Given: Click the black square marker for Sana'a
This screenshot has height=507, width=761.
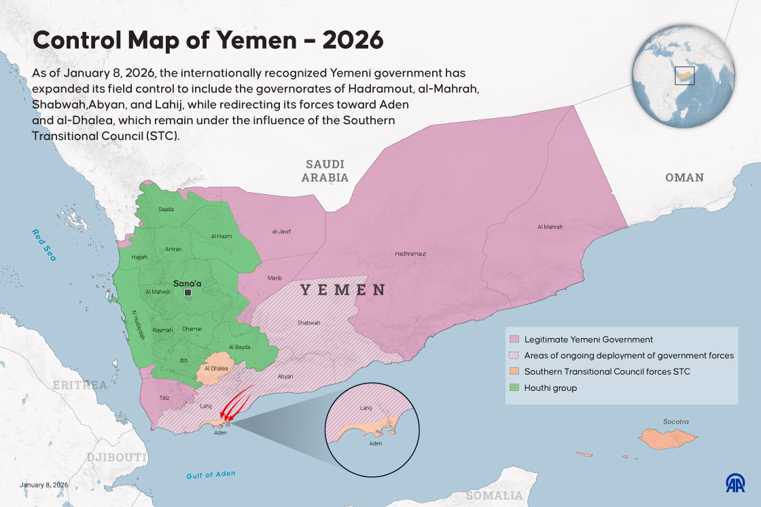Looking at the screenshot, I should coord(188,293).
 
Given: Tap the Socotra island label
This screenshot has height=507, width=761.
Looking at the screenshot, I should coord(676,421).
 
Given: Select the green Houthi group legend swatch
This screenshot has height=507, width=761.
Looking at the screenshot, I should coord(514,388).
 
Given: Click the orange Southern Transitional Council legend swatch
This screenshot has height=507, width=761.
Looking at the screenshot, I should coord(514,371).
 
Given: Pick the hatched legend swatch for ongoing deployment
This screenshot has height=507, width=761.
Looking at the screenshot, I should coord(514,355).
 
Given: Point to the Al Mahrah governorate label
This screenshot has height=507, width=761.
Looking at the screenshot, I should coord(550,227).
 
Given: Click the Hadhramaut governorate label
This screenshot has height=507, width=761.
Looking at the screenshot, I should coord(410,254).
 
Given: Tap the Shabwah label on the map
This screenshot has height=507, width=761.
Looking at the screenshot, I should coord(308,322).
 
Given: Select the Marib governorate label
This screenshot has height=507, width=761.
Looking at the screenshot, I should coord(274,278).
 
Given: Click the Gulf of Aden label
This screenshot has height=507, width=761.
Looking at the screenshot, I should coord(211,474).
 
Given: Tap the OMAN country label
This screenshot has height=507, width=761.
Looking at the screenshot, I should coord(684,177).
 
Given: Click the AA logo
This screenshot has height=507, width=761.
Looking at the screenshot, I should coord(735,483).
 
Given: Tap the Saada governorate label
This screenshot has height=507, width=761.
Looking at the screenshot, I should coord(166,209).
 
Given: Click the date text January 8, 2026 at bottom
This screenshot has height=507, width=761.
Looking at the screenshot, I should coord(44,485).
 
